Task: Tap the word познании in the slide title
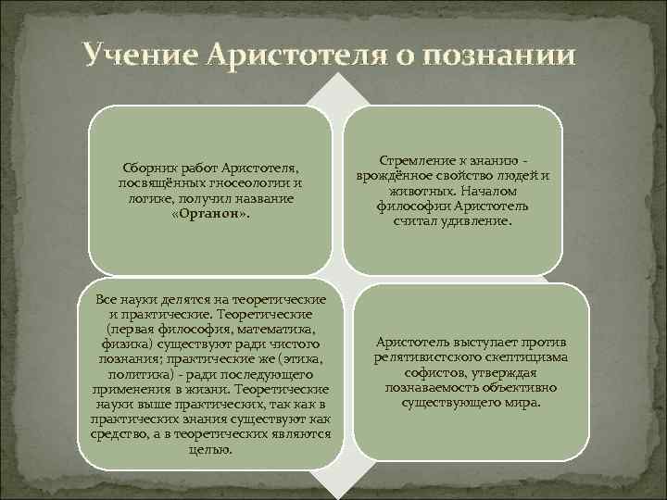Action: coord(506,56)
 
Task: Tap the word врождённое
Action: coord(396,176)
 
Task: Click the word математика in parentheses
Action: coord(275,330)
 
